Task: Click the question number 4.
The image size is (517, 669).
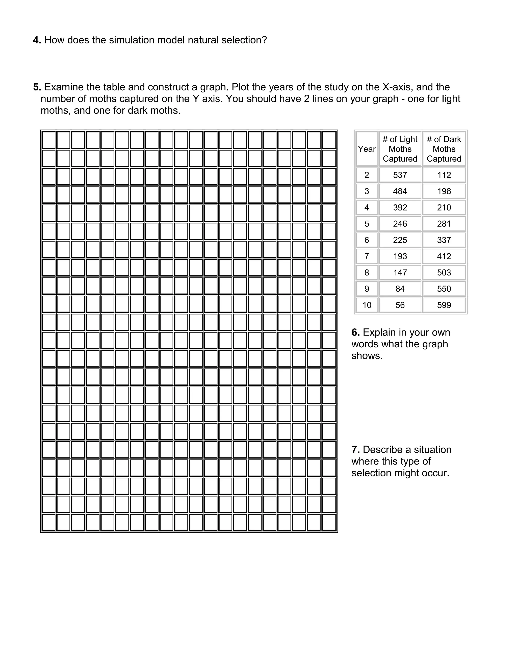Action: pyautogui.click(x=37, y=40)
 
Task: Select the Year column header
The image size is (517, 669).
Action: pyautogui.click(x=367, y=149)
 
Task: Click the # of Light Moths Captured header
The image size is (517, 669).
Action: pyautogui.click(x=400, y=149)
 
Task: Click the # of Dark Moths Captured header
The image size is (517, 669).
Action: pyautogui.click(x=444, y=149)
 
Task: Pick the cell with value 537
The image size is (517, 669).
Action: pyautogui.click(x=400, y=175)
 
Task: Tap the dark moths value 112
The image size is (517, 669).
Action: pyautogui.click(x=444, y=175)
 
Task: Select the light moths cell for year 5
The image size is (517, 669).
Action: pyautogui.click(x=400, y=224)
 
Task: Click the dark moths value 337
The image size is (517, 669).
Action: pyautogui.click(x=444, y=240)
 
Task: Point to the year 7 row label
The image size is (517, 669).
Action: pyautogui.click(x=367, y=256)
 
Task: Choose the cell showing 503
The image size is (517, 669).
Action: pyautogui.click(x=444, y=273)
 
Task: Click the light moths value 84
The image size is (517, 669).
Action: pyautogui.click(x=400, y=289)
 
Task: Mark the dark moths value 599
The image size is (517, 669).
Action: pyautogui.click(x=444, y=305)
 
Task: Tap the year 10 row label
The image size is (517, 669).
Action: pyautogui.click(x=367, y=305)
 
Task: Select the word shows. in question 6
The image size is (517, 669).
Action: pyautogui.click(x=367, y=356)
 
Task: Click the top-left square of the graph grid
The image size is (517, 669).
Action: pyautogui.click(x=49, y=140)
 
